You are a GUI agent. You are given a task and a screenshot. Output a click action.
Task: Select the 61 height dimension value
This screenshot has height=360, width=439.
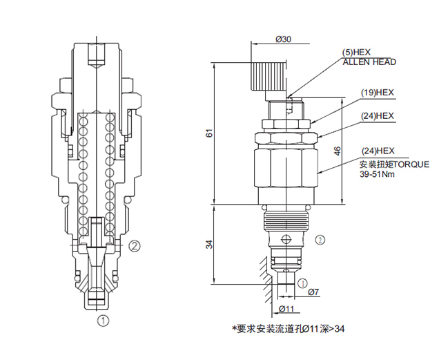point(210,134)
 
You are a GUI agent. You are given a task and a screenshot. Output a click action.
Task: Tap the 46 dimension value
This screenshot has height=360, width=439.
point(337,153)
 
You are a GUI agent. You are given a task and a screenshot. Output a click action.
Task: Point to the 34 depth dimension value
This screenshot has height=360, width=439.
point(210,243)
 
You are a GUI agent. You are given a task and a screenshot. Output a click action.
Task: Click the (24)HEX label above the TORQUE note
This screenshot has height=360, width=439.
point(378,151)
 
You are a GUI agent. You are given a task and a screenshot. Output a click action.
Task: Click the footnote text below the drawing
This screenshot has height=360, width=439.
point(288,328)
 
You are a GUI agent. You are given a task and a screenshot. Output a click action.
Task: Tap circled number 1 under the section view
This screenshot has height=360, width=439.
point(103,320)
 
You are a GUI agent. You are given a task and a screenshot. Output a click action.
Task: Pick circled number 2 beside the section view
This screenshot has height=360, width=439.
point(135,245)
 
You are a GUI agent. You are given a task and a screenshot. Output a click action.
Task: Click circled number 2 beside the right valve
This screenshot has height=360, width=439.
point(320,240)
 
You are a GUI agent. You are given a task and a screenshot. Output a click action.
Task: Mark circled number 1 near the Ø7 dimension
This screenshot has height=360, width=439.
point(302,282)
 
